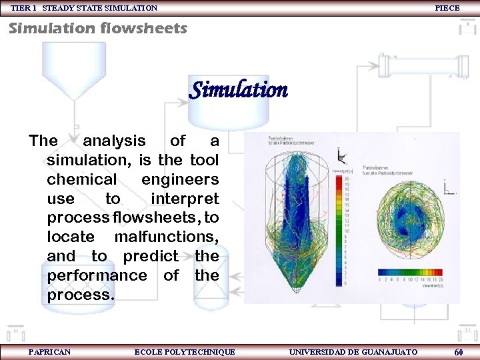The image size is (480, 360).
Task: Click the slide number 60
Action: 459,352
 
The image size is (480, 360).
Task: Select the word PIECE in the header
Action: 447,8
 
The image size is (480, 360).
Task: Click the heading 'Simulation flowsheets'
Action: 98,29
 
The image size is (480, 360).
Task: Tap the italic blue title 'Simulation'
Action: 238,90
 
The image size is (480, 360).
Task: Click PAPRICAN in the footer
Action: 50,352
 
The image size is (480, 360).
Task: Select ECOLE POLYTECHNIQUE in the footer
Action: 185,352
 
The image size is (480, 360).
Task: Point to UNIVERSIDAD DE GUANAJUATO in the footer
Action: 353,352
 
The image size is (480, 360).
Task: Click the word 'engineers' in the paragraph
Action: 180,179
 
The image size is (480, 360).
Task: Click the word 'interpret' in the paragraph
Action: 185,199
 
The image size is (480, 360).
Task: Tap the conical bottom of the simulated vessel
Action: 290,270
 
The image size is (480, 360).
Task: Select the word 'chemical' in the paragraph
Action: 81,179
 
